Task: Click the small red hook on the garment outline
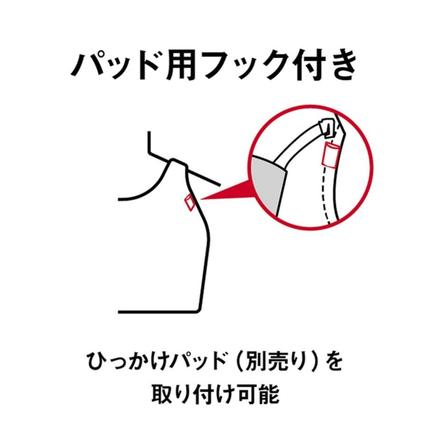[x=189, y=202]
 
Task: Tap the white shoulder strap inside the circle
[x=302, y=144]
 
